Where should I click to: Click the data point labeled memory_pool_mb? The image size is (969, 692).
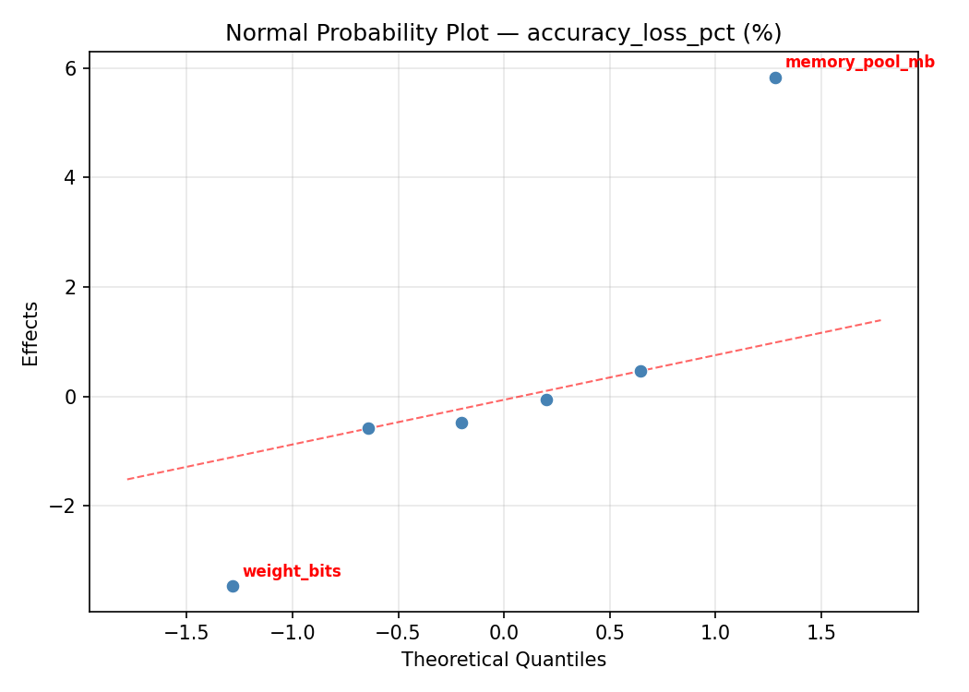(775, 78)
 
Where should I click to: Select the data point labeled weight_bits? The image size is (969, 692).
(233, 586)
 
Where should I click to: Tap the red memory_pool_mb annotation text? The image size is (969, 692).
(859, 63)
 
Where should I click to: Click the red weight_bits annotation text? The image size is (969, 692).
(292, 572)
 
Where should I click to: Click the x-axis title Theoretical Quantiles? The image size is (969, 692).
(503, 660)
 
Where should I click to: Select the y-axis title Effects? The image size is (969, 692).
(31, 333)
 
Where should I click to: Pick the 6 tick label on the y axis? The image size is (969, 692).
(70, 68)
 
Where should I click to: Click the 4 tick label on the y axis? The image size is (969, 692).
(70, 178)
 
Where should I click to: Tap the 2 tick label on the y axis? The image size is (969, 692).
(70, 287)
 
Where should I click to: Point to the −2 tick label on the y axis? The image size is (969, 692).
(65, 507)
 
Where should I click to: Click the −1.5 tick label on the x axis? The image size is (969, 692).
(186, 633)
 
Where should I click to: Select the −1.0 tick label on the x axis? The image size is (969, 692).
(293, 633)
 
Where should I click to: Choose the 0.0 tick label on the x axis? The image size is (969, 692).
(504, 633)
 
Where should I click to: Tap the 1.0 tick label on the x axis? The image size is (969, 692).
(715, 633)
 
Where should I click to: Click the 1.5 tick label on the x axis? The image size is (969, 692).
(821, 633)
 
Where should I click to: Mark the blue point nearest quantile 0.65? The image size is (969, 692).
(640, 371)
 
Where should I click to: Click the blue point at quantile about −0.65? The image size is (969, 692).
(368, 428)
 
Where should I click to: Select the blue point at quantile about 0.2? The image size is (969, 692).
(546, 400)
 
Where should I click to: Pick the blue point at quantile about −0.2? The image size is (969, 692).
(461, 423)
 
